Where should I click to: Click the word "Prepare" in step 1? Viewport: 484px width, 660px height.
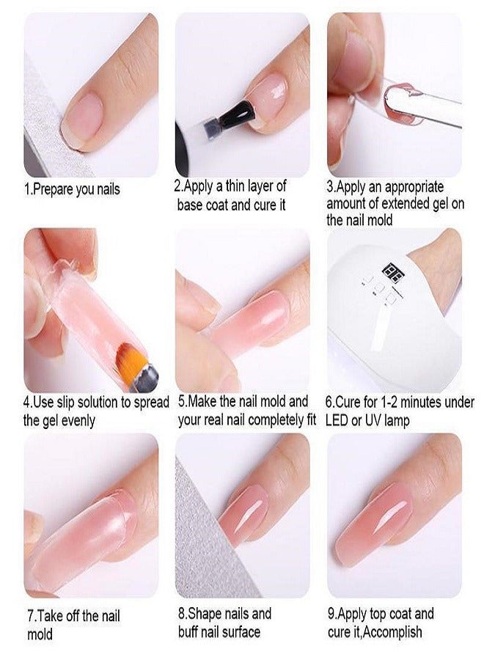pyautogui.click(x=56, y=189)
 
